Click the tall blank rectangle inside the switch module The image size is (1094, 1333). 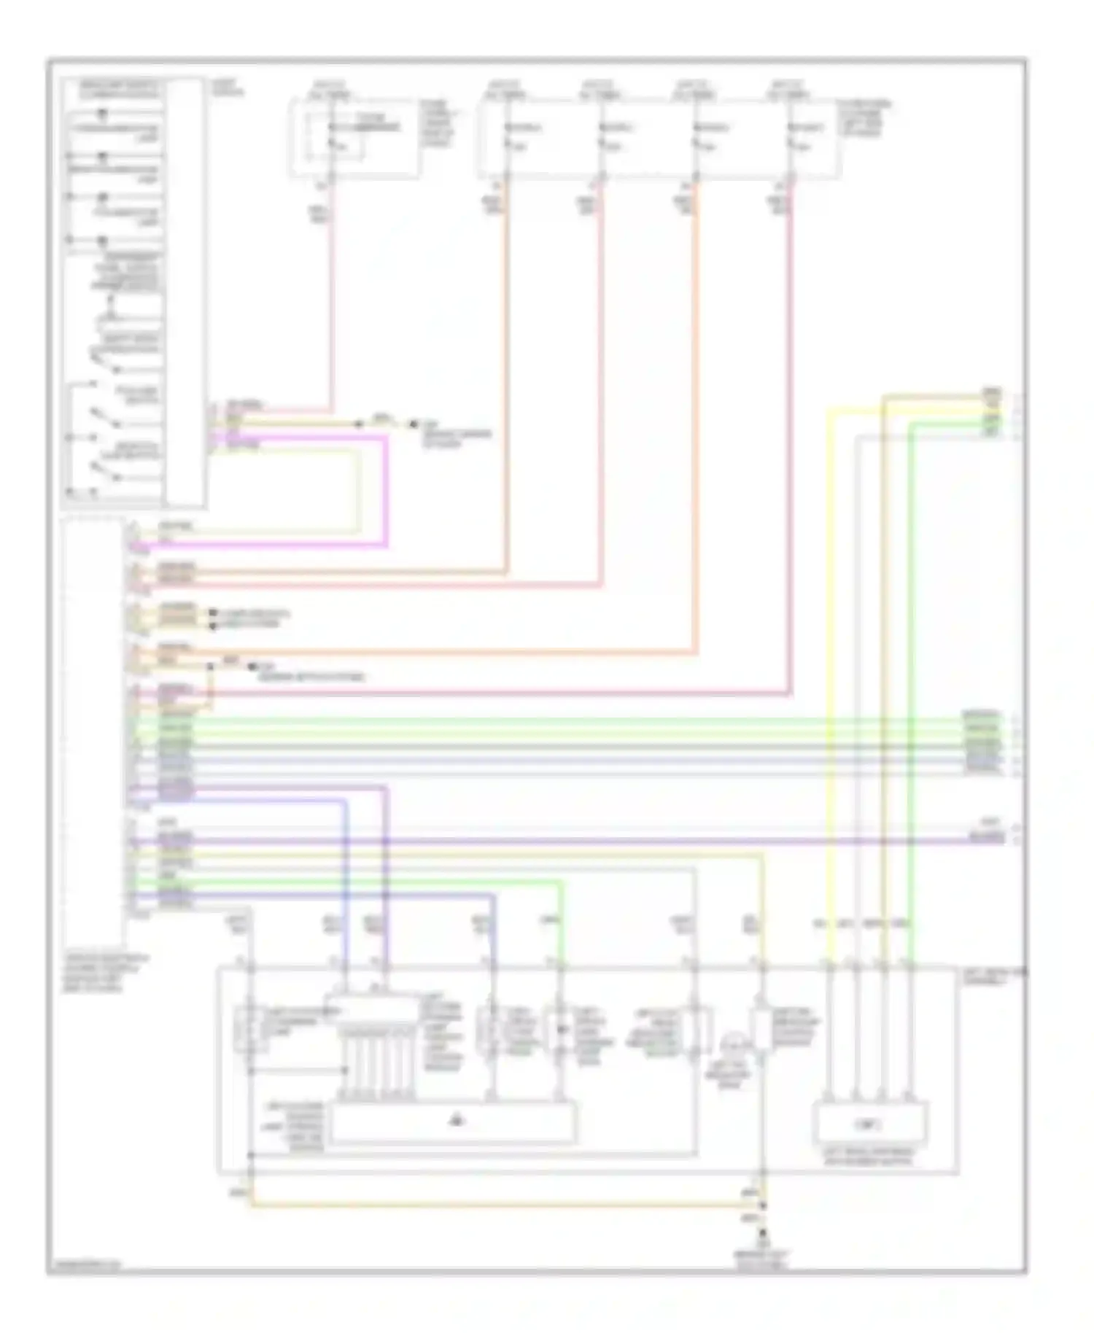click(184, 292)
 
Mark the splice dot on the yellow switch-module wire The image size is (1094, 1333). click(359, 424)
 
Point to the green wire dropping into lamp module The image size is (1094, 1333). click(561, 926)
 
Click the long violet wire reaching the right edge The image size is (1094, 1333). click(583, 841)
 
